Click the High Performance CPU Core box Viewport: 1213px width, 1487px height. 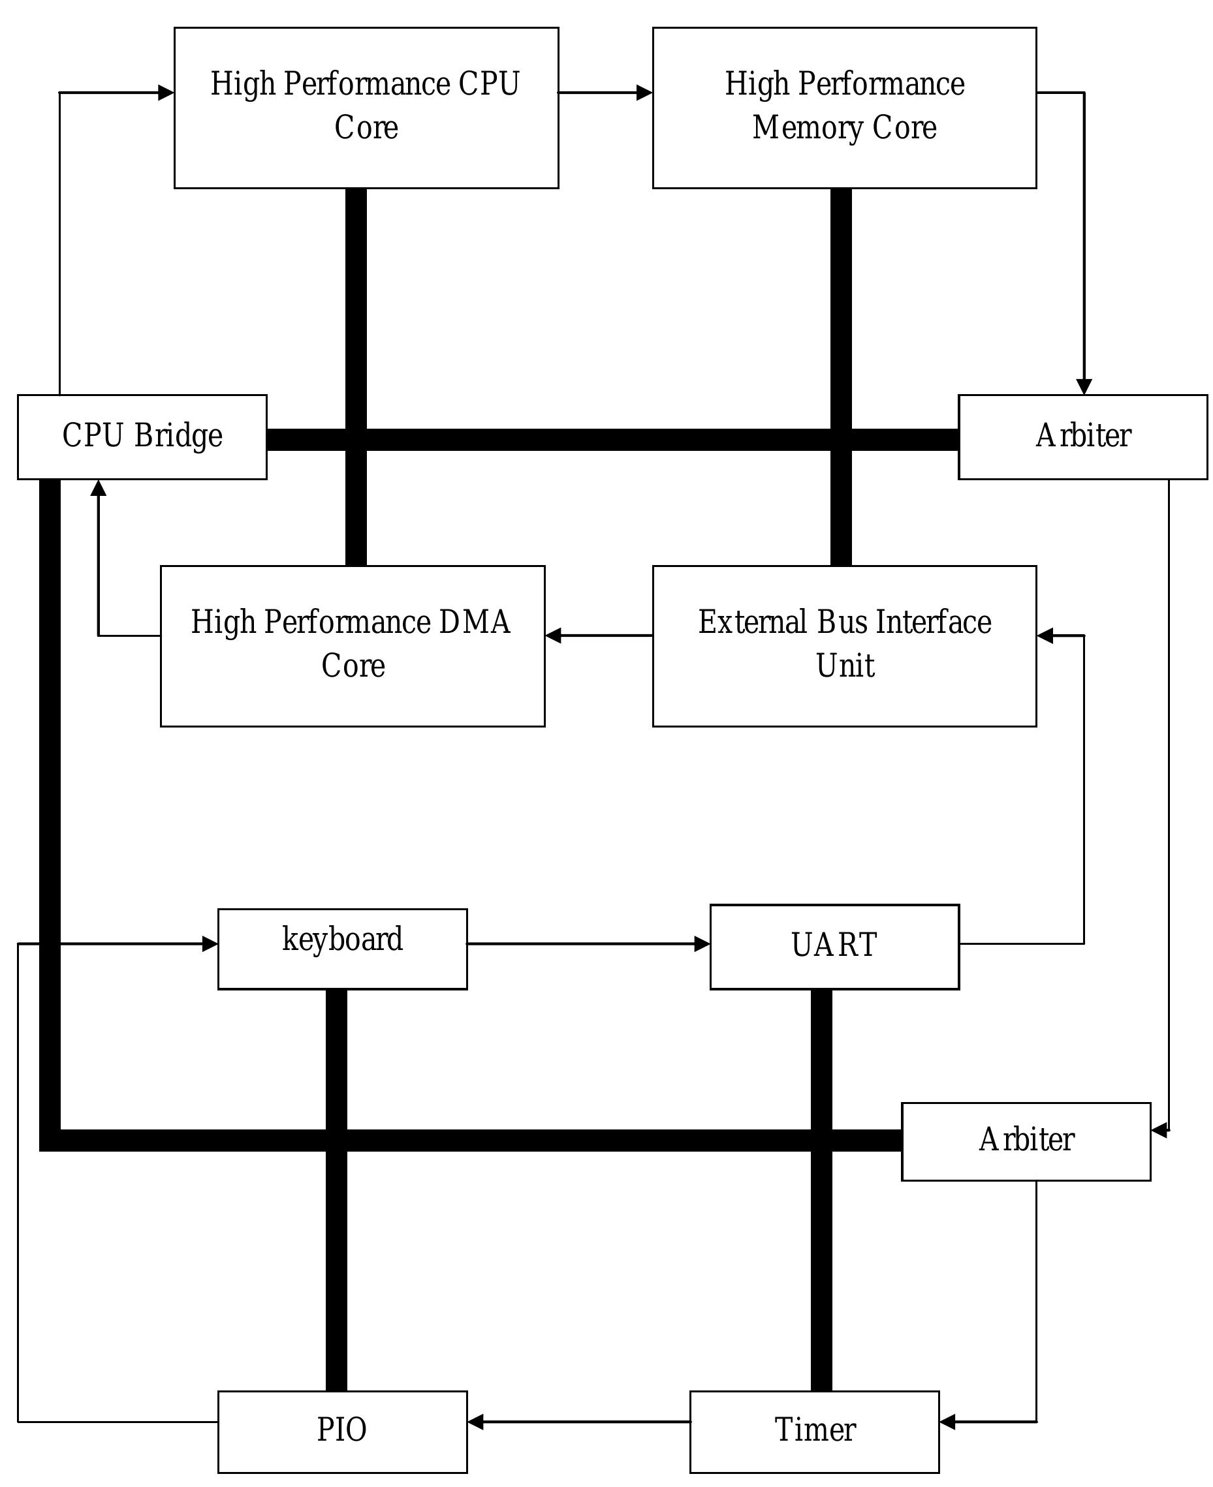click(x=366, y=108)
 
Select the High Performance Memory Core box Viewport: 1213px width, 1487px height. click(x=843, y=108)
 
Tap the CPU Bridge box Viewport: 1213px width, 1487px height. click(x=142, y=437)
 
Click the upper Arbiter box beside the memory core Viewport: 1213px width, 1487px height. click(x=1082, y=437)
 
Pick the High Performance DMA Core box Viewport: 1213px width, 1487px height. click(x=352, y=645)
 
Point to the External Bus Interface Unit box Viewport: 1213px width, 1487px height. click(x=843, y=645)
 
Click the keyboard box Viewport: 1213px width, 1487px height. click(x=341, y=949)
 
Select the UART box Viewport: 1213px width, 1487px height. click(x=834, y=946)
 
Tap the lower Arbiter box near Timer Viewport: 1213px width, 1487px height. click(x=1025, y=1141)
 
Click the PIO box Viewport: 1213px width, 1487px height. click(x=341, y=1431)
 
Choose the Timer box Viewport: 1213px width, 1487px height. click(x=814, y=1431)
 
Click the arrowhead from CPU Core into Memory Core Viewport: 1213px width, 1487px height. click(x=644, y=92)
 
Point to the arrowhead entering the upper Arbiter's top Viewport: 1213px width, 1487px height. click(x=1083, y=386)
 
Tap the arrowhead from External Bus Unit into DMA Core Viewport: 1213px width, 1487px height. click(x=554, y=635)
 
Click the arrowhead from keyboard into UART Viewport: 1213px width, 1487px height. click(x=702, y=943)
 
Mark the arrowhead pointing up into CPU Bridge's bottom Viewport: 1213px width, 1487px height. click(x=99, y=488)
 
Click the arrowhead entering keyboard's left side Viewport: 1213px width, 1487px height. click(x=210, y=943)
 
